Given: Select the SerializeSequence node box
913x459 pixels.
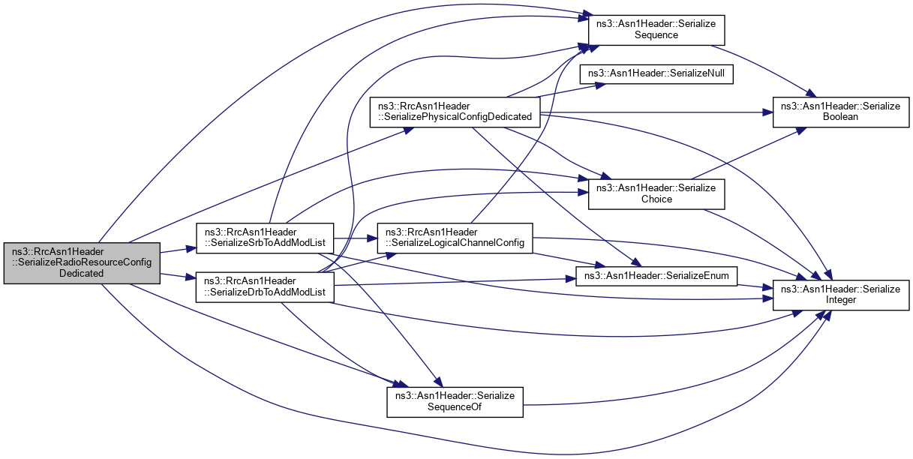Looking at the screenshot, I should coord(656,29).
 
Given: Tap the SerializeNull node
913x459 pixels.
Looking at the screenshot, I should coord(656,74).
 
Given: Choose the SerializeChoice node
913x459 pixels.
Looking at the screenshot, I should coord(656,193).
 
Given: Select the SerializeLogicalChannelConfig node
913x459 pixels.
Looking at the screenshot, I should coord(455,238).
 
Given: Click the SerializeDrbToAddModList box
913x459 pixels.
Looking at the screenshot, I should coord(264,286).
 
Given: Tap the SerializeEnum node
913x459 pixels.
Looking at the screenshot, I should coord(656,277).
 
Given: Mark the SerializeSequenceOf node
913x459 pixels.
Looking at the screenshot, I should coord(454,402).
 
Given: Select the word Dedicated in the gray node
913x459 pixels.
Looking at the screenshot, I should coord(83,274).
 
